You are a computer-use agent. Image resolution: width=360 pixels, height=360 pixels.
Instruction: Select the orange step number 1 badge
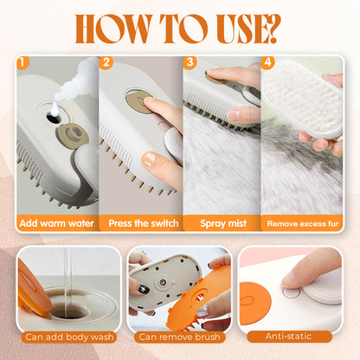click(23, 63)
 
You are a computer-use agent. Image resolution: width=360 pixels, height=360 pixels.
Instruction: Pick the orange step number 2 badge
click(106, 63)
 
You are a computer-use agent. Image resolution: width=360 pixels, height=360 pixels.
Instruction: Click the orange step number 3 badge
click(190, 63)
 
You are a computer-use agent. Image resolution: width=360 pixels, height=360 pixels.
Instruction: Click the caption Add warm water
click(56, 223)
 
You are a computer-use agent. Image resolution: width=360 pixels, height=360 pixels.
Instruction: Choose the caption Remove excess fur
click(303, 223)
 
